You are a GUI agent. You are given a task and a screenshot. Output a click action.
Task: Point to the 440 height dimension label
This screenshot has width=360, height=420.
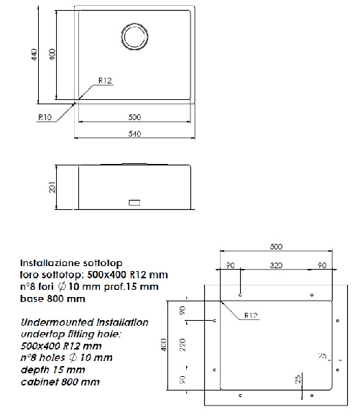(x=34, y=55)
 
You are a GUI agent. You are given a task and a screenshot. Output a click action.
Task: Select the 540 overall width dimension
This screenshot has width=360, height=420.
(x=134, y=134)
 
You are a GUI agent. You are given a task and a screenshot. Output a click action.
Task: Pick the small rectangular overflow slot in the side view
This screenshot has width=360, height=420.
(x=134, y=203)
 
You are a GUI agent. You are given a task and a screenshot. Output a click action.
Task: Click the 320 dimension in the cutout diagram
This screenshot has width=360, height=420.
(x=276, y=265)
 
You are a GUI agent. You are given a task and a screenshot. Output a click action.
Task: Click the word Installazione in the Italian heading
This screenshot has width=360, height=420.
(x=44, y=263)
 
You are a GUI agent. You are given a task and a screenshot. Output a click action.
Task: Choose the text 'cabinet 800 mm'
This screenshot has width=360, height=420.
(x=60, y=382)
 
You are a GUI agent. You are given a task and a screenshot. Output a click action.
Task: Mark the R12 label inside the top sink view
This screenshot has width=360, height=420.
(x=105, y=81)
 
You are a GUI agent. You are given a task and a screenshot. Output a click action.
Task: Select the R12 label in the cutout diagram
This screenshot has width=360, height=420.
(x=251, y=314)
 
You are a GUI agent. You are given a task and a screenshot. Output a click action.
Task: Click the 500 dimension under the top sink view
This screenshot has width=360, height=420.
(x=134, y=117)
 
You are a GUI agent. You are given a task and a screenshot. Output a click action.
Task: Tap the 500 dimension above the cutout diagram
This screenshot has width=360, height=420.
(x=276, y=247)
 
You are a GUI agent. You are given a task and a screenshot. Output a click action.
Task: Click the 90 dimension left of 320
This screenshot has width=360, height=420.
(x=230, y=265)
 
